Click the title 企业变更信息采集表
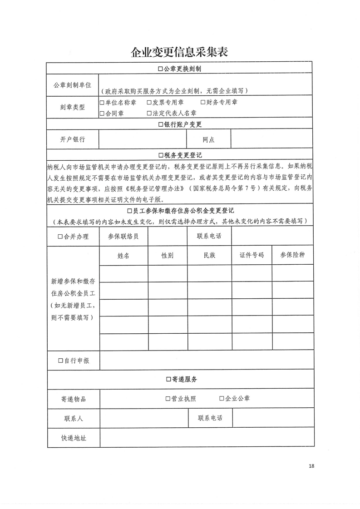pyautogui.click(x=179, y=52)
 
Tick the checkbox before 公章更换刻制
pyautogui.click(x=160, y=69)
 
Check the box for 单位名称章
pyautogui.click(x=102, y=103)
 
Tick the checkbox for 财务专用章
pyautogui.click(x=203, y=103)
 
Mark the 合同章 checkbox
pyautogui.click(x=102, y=113)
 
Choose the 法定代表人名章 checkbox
pyautogui.click(x=149, y=113)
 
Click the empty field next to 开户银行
pyautogui.click(x=143, y=139)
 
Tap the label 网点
pyautogui.click(x=209, y=139)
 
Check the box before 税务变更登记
pyautogui.click(x=160, y=155)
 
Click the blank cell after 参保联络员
pyautogui.click(x=168, y=237)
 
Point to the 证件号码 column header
pyautogui.click(x=252, y=255)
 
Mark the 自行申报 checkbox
pyautogui.click(x=60, y=361)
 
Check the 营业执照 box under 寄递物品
pyautogui.click(x=168, y=399)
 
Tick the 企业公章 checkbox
pyautogui.click(x=222, y=399)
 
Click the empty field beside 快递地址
pyautogui.click(x=207, y=438)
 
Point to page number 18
pyautogui.click(x=311, y=466)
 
